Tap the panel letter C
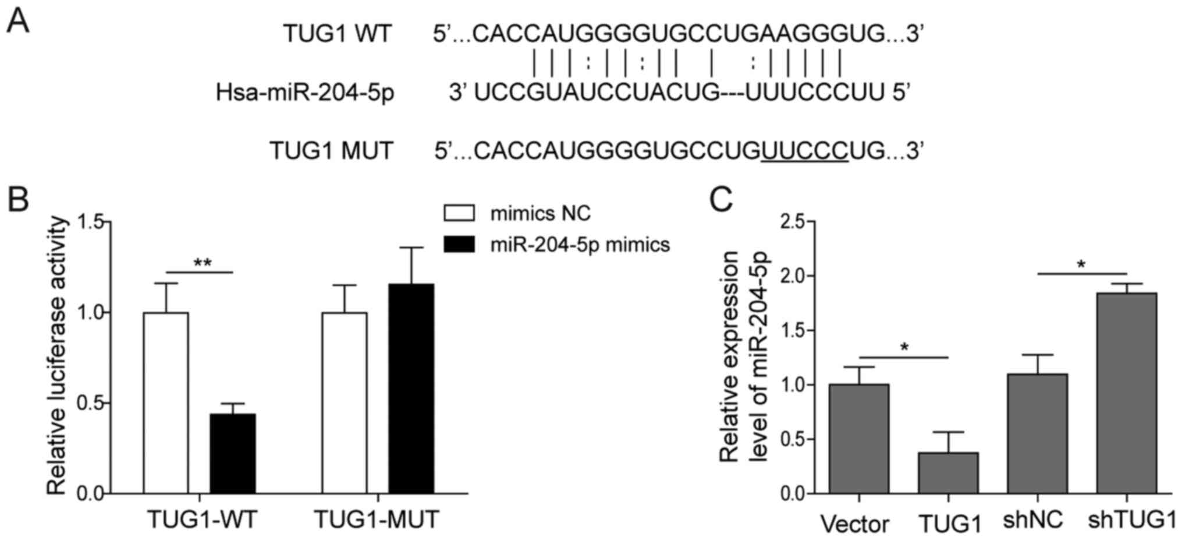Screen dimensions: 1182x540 click(x=721, y=199)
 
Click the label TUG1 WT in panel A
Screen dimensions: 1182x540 click(x=338, y=34)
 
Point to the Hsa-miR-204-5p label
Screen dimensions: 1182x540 click(x=305, y=93)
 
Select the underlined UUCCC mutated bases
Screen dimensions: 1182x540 click(x=804, y=151)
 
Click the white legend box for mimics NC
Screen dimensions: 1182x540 click(x=459, y=213)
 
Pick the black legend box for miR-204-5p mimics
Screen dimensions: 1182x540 click(x=459, y=244)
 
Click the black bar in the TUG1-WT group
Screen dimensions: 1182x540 click(x=233, y=454)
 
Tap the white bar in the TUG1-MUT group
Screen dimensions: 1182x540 click(x=345, y=403)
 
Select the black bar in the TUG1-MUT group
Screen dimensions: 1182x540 click(x=411, y=389)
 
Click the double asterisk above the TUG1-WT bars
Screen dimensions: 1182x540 click(x=202, y=263)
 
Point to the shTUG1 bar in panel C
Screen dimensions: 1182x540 click(x=1127, y=393)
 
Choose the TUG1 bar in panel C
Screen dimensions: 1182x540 click(x=949, y=473)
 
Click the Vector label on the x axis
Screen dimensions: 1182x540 click(x=854, y=524)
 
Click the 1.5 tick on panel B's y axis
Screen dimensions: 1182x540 click(x=90, y=222)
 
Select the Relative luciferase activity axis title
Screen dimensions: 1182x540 click(x=57, y=356)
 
